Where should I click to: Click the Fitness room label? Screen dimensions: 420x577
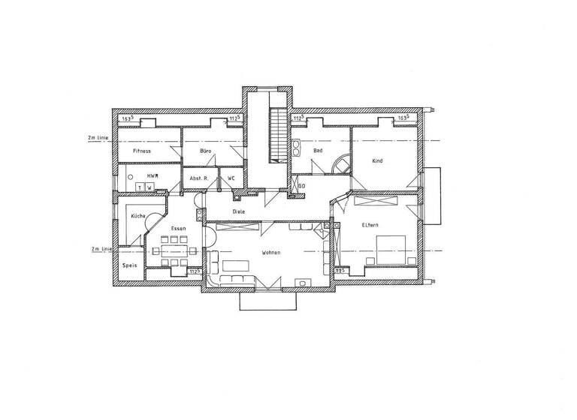[142, 151]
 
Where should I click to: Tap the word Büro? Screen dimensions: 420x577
[206, 151]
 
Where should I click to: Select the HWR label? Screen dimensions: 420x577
[151, 175]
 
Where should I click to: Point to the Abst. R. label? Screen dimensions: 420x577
[198, 178]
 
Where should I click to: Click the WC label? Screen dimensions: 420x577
[231, 178]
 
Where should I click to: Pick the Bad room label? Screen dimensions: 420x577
[318, 151]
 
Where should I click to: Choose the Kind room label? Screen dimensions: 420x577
[377, 161]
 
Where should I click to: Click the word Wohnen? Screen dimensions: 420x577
[271, 253]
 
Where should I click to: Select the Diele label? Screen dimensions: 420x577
[239, 212]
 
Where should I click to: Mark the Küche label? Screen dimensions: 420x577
[137, 216]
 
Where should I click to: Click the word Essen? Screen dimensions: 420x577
[178, 227]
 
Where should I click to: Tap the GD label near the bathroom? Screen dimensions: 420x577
[301, 185]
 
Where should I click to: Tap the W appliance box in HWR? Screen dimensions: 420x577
[150, 187]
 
